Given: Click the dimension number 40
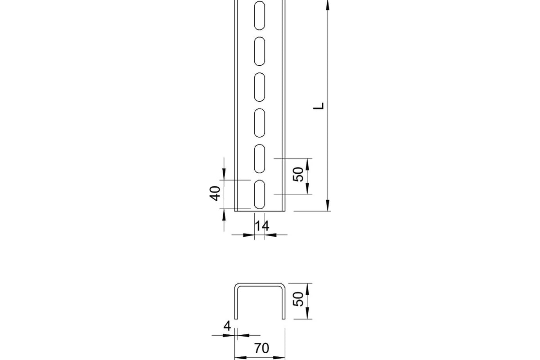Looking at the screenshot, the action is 215,193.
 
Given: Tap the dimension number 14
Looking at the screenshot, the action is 262,226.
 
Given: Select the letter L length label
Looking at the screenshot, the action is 319,106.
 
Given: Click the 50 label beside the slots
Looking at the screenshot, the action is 298,174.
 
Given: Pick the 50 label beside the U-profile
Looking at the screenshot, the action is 298,299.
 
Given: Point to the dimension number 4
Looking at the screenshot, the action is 227,326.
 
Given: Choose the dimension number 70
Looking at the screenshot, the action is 261,348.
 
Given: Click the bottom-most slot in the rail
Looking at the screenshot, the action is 259,194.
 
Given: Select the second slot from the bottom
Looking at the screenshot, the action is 259,159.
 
